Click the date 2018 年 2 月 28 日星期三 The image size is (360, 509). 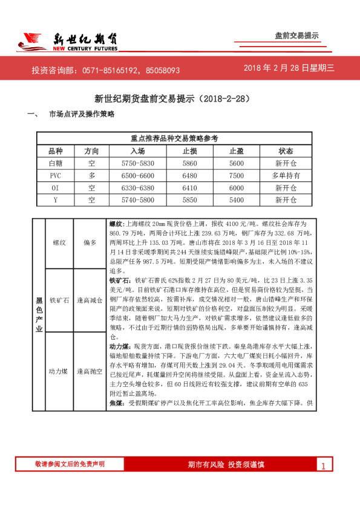289,68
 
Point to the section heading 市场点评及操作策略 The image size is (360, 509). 82,114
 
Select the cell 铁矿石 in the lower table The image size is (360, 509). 59,300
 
